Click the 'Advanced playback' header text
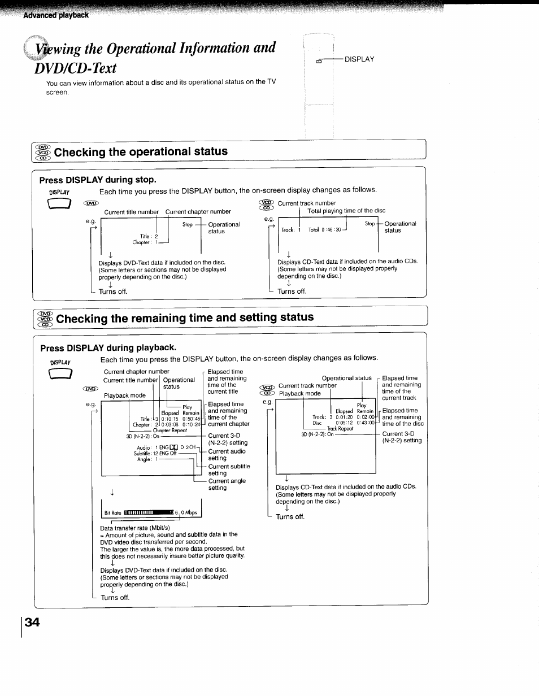[x=56, y=15]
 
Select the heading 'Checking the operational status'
[x=141, y=151]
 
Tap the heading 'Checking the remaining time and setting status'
[x=184, y=317]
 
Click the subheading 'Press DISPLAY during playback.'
[x=107, y=347]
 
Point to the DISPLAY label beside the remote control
[x=359, y=59]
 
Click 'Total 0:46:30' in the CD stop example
[x=324, y=230]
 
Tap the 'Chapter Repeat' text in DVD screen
[x=169, y=430]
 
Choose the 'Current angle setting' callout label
[x=227, y=484]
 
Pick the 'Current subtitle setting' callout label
[x=229, y=470]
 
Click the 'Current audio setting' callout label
[x=227, y=455]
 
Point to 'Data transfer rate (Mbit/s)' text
[x=134, y=528]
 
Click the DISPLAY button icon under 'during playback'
[x=60, y=375]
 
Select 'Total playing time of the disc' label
[x=346, y=211]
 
